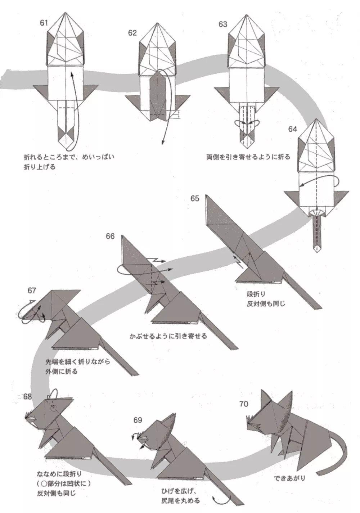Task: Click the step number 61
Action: click(44, 23)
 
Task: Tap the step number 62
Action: click(132, 33)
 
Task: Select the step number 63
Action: click(223, 24)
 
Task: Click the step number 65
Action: click(195, 198)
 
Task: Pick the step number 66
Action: click(110, 236)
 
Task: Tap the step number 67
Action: click(32, 290)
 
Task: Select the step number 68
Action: click(27, 396)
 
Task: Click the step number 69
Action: click(138, 420)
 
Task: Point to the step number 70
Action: click(243, 404)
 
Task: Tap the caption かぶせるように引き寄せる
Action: click(168, 336)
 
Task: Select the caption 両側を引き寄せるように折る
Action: click(248, 157)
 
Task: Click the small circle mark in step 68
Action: click(54, 408)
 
